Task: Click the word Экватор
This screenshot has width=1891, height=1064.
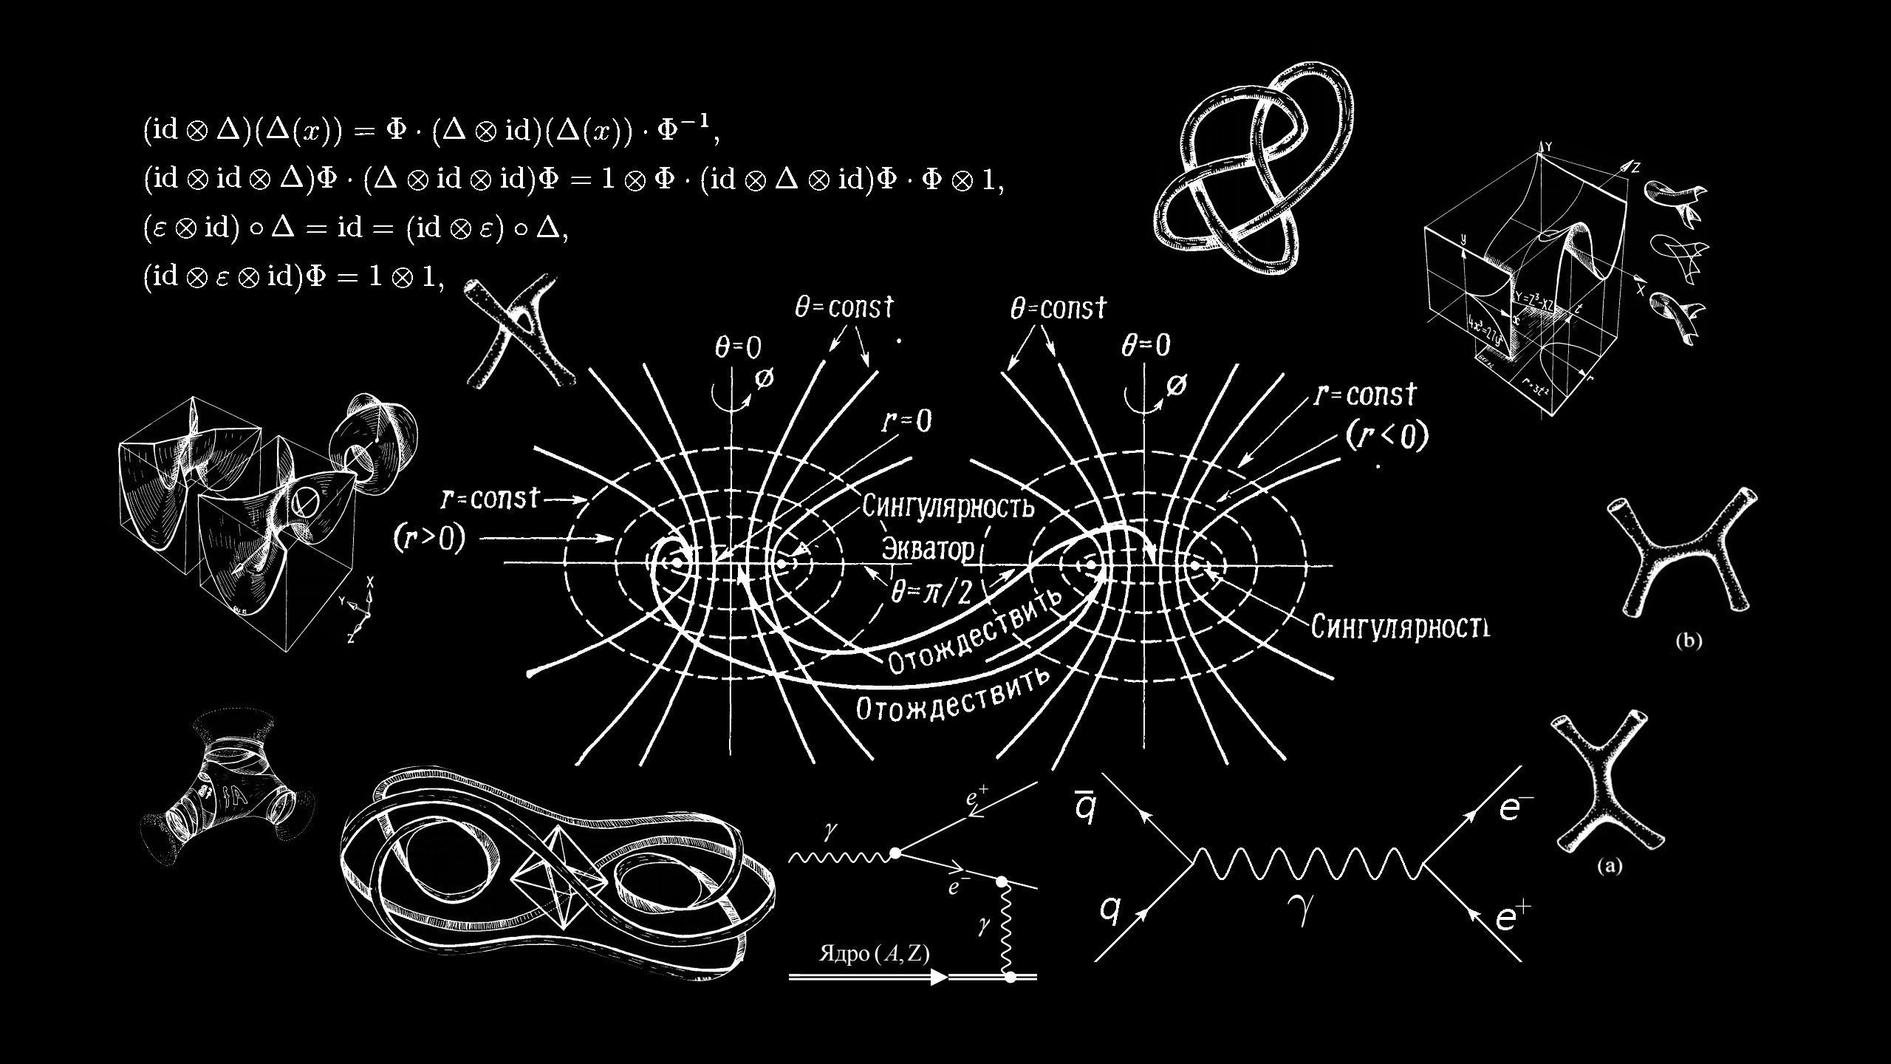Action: click(x=929, y=549)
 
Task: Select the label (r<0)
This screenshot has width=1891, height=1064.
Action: click(x=1386, y=436)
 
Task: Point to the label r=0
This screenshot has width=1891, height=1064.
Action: click(x=906, y=421)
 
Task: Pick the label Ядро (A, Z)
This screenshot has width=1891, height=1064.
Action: click(x=874, y=954)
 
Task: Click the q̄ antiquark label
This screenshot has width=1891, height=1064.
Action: click(x=1083, y=806)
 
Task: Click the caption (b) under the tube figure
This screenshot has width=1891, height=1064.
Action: click(x=1689, y=641)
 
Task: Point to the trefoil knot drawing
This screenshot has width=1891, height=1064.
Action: click(x=1256, y=170)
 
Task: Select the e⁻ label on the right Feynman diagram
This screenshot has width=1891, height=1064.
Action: click(x=1515, y=808)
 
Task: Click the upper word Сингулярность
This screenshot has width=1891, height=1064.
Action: click(x=948, y=507)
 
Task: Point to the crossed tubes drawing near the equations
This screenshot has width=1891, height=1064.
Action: click(x=513, y=332)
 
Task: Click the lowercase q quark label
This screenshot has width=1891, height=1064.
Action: click(x=1109, y=910)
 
